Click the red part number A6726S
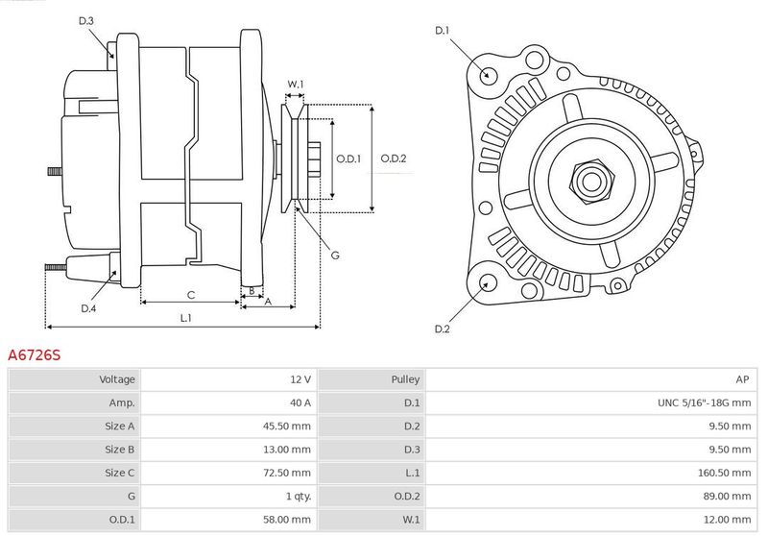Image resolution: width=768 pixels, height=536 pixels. (x=35, y=354)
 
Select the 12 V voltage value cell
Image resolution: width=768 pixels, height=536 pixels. (x=300, y=379)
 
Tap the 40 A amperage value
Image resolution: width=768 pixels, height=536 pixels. (x=300, y=402)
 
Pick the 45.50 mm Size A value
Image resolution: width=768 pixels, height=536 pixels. (x=286, y=426)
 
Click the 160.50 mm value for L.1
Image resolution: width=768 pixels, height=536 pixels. (x=724, y=473)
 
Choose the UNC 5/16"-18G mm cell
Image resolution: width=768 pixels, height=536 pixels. (x=704, y=402)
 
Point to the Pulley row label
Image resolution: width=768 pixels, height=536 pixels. (x=405, y=379)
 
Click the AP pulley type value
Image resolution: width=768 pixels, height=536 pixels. (x=742, y=379)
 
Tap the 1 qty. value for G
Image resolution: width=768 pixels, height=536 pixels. (x=299, y=497)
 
